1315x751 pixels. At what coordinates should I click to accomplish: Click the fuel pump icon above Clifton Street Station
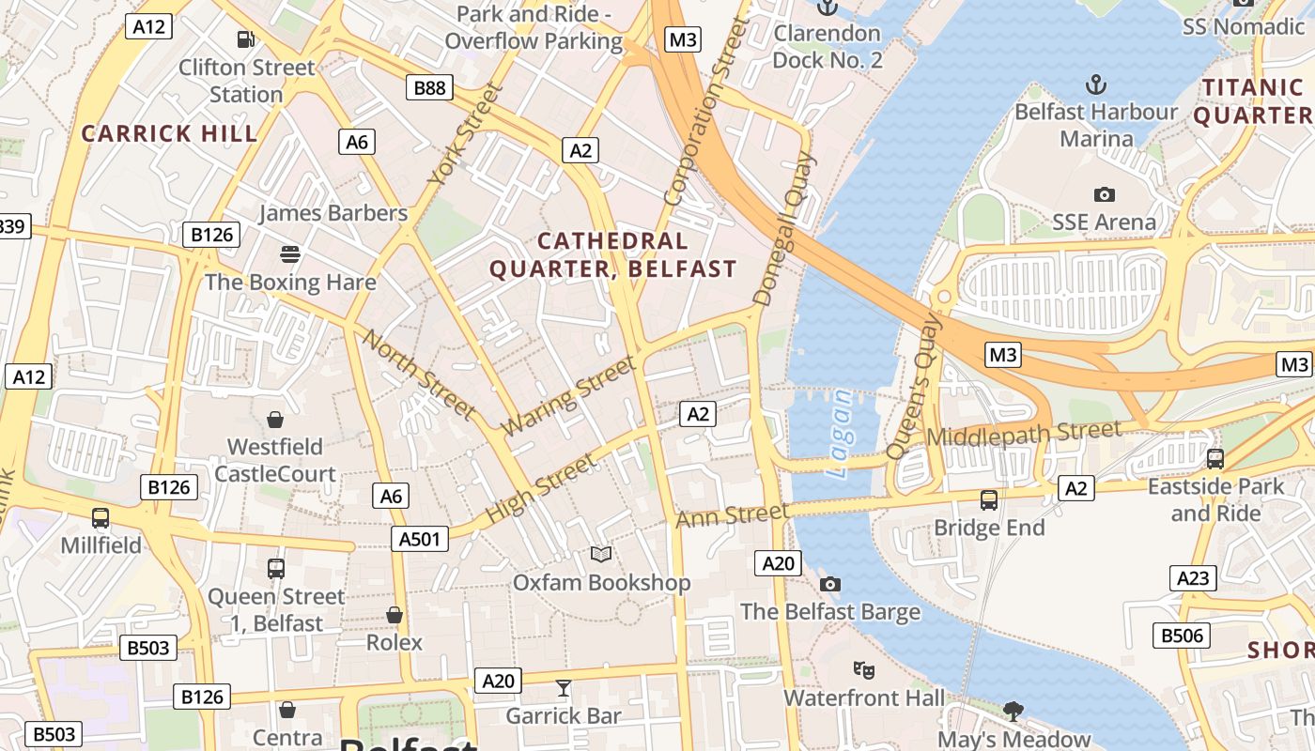246,39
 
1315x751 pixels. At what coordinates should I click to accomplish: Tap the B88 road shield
430,88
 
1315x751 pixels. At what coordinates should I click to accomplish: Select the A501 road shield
419,538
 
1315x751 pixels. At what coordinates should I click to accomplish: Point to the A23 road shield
1193,577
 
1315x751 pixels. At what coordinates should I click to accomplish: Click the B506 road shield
1182,636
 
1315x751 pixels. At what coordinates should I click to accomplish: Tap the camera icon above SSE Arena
1105,194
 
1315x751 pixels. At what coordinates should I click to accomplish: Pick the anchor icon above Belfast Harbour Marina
1095,85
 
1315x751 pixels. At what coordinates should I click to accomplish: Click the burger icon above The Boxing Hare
289,253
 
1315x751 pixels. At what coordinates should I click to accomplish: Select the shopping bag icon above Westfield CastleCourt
275,419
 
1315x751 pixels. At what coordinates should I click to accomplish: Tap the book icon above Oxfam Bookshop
601,555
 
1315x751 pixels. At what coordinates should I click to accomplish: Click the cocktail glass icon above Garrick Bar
563,688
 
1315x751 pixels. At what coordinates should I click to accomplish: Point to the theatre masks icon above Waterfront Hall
864,670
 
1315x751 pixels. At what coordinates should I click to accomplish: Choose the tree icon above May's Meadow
1013,711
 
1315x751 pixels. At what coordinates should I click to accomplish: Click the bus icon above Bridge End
988,499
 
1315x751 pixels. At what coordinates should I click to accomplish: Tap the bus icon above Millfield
101,517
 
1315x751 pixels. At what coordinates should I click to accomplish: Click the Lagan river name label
840,435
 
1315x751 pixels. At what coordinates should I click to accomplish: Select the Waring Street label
568,393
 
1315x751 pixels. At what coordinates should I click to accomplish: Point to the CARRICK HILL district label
169,133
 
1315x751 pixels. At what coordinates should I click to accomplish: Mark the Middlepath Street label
1024,435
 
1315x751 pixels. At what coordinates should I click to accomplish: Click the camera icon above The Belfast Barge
829,584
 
